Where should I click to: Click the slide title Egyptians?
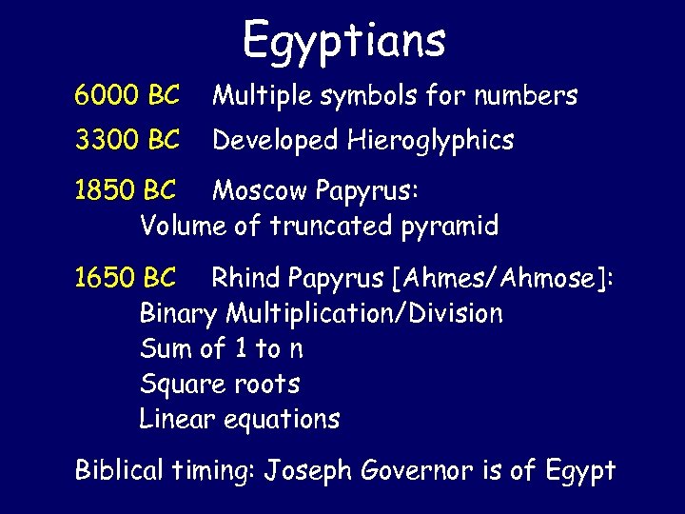tap(343, 40)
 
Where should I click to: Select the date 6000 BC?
tap(127, 95)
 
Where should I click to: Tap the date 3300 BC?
tap(127, 141)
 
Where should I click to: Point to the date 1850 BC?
tap(125, 191)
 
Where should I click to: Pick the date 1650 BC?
tap(125, 278)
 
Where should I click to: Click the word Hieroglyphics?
tap(430, 142)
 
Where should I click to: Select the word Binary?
tap(179, 314)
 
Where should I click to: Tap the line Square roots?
tap(220, 385)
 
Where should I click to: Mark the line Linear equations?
tap(239, 419)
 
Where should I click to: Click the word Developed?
tap(275, 142)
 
